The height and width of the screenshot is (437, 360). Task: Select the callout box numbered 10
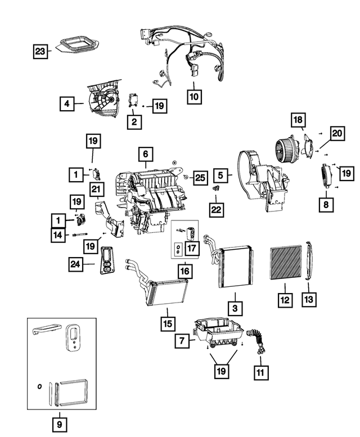coord(193,96)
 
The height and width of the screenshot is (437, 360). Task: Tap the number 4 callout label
coord(67,103)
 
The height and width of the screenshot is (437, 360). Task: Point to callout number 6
coord(145,153)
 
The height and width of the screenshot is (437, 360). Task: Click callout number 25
coord(199,177)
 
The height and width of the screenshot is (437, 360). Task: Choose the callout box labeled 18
coord(298,120)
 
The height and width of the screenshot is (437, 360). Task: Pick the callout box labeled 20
coord(337,133)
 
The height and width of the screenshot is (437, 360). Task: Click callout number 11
coord(261,372)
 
